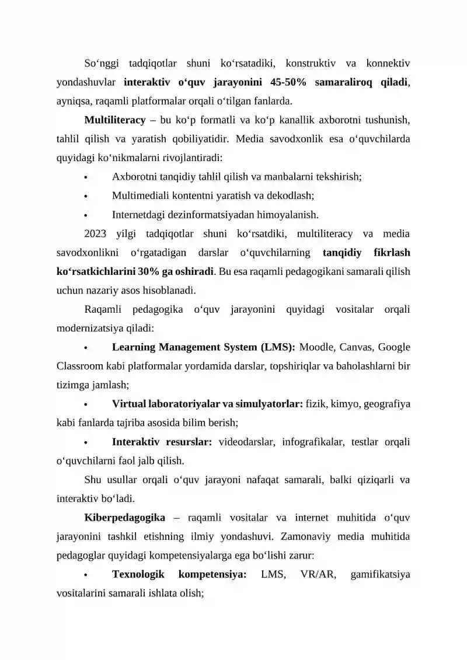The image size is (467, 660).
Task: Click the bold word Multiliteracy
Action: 115,120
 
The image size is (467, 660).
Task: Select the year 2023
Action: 95,234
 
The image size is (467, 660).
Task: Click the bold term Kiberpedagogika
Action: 124,517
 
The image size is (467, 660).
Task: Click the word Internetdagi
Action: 138,214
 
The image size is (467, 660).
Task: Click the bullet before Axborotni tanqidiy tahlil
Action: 85,177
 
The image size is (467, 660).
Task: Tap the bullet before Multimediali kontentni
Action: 85,196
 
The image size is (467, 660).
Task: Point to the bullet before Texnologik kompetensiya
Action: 85,575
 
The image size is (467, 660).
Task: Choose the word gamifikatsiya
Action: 380,574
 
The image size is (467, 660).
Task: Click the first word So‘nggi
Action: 100,62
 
